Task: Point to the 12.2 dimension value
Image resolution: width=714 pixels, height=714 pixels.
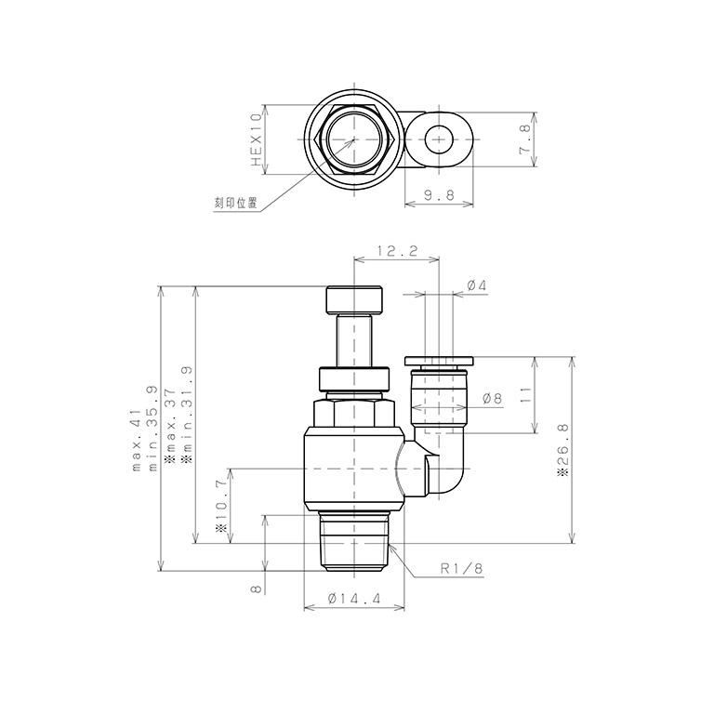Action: click(396, 251)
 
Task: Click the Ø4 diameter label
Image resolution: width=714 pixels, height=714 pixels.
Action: click(476, 285)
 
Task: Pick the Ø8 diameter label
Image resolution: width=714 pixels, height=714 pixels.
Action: click(492, 398)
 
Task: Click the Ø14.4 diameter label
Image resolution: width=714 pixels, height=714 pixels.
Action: click(354, 600)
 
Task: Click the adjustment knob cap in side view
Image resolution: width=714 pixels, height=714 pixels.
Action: click(354, 300)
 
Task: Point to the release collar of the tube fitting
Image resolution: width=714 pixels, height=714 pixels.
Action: click(440, 360)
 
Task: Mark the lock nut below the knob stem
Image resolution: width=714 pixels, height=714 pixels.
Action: click(354, 379)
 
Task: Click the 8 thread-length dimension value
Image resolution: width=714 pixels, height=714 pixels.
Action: click(255, 589)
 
